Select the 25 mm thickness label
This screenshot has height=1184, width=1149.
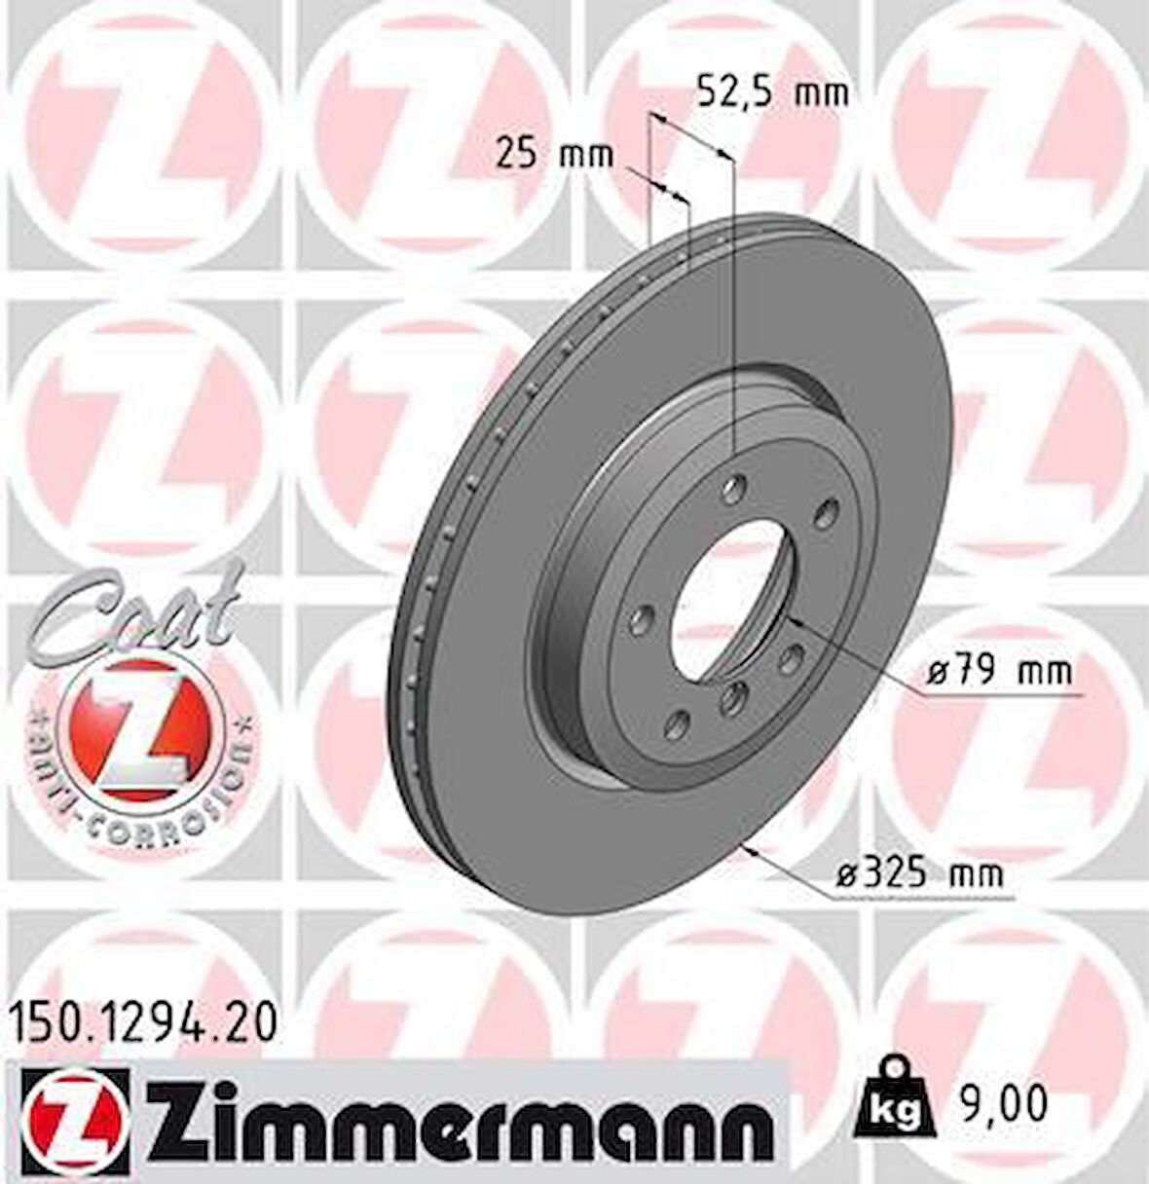(554, 154)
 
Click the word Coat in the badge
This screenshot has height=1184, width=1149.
(136, 609)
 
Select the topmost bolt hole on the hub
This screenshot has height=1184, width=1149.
(737, 482)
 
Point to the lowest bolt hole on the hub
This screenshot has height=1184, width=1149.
(680, 722)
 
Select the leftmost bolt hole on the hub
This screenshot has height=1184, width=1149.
(643, 618)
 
